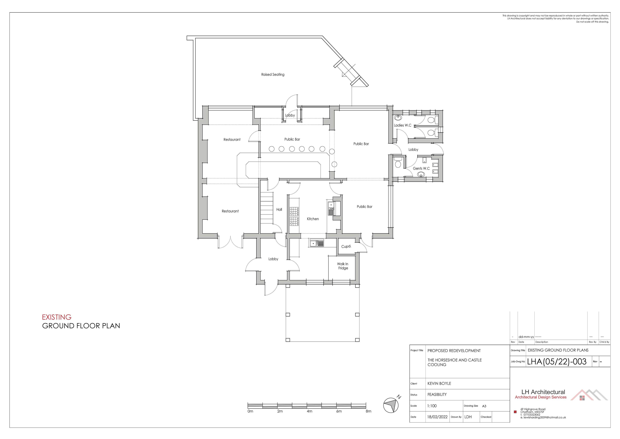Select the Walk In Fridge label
coord(343,266)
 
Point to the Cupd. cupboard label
coord(346,247)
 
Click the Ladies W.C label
coord(403,125)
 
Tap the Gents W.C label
coord(421,168)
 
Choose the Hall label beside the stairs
coord(279,210)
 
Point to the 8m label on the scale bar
coord(368,411)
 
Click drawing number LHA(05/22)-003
coord(557,362)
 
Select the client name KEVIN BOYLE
coord(439,384)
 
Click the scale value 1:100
coord(432,406)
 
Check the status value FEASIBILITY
coord(437,395)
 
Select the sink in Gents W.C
coord(421,174)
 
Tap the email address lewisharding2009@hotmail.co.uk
coord(543,418)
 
